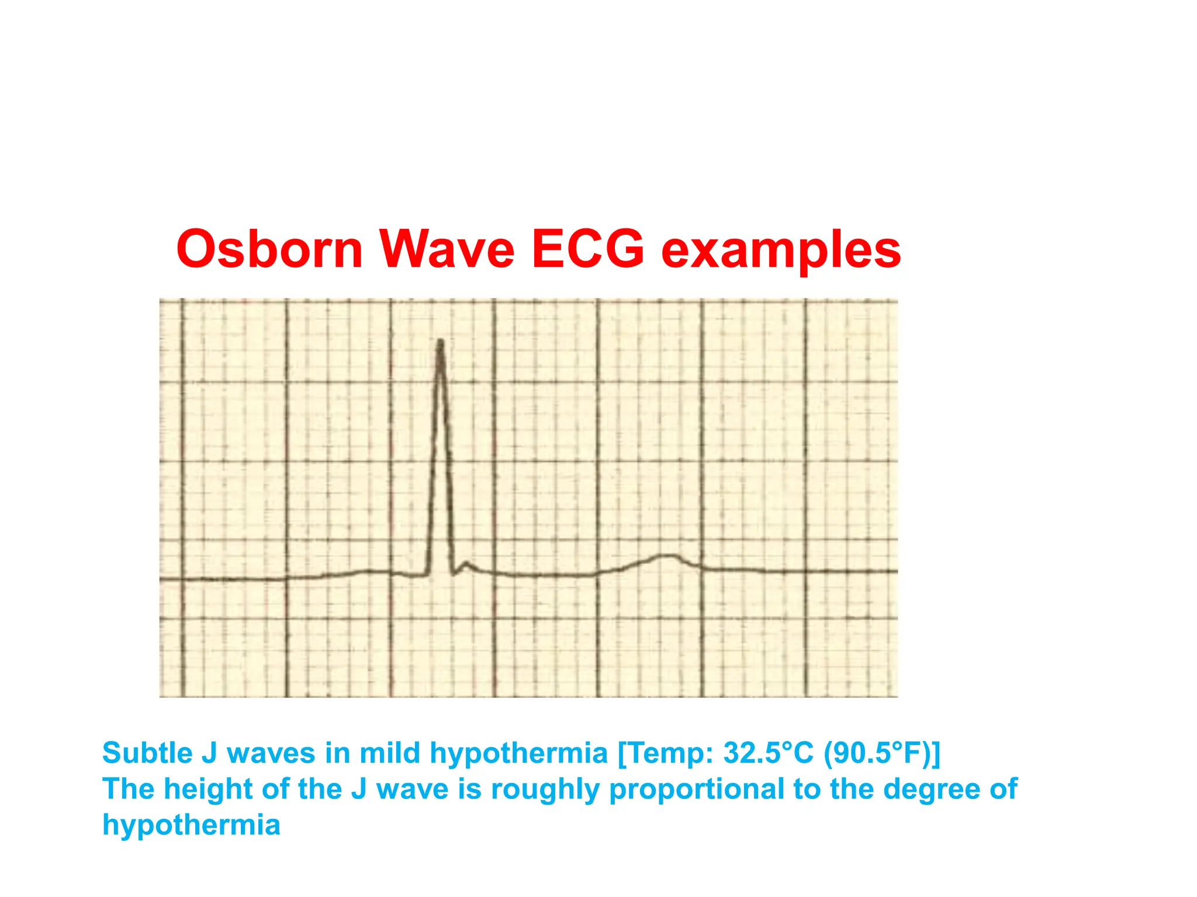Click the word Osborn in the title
[x=269, y=249]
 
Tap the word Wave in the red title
[x=447, y=249]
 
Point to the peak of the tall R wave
[x=440, y=342]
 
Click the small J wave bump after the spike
[x=466, y=564]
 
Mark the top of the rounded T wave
[x=666, y=555]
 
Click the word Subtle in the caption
[x=147, y=753]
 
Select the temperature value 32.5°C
[x=768, y=753]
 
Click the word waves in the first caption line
[x=271, y=753]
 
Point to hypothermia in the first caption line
[x=518, y=754]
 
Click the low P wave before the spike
[x=374, y=571]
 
